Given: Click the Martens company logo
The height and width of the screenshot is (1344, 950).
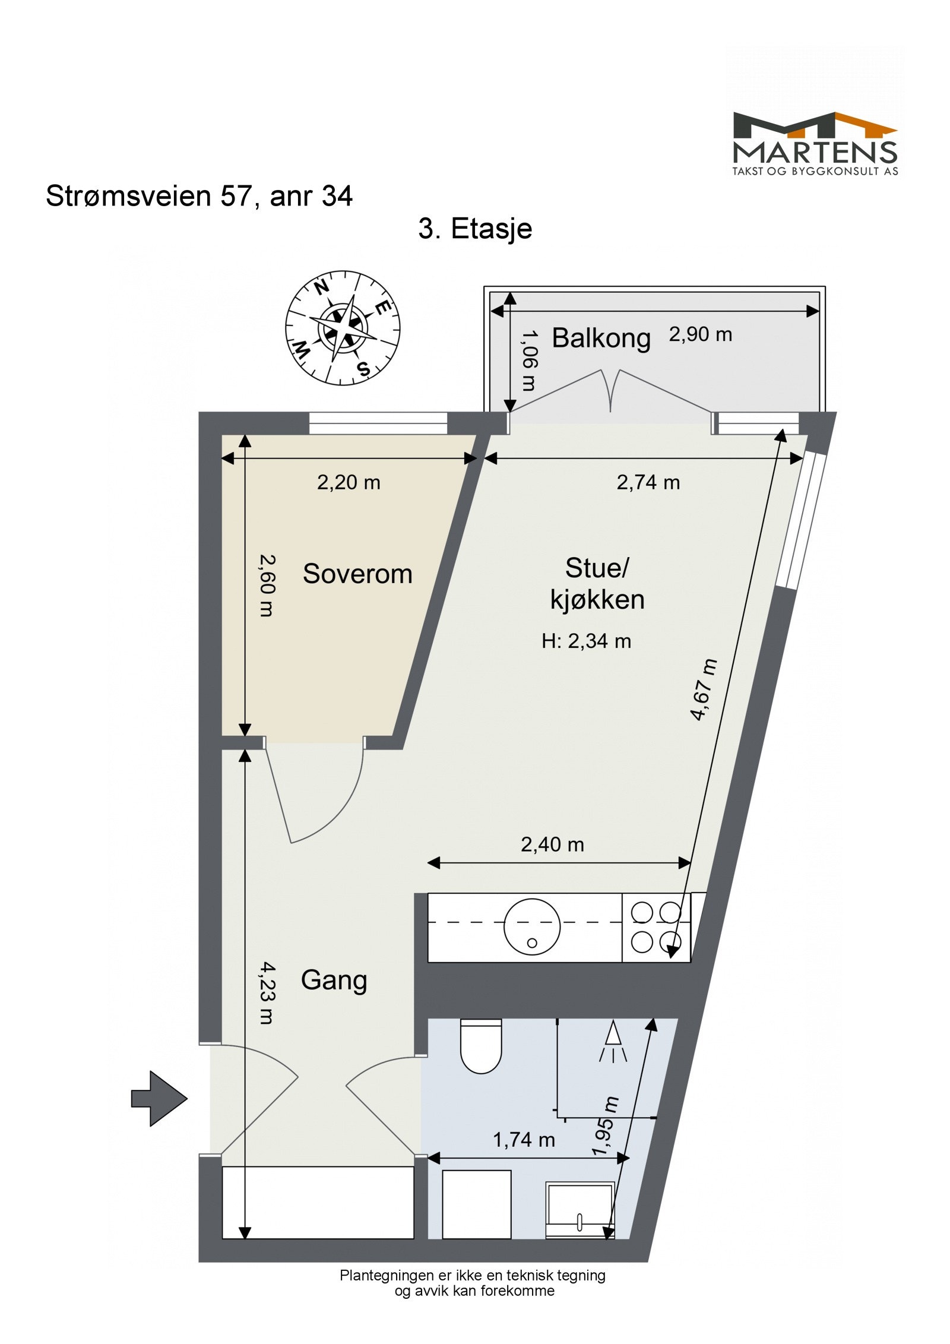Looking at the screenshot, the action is pyautogui.click(x=815, y=143).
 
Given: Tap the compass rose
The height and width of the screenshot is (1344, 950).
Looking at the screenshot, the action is pyautogui.click(x=343, y=328).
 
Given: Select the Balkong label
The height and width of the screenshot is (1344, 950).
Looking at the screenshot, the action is pyautogui.click(x=601, y=338).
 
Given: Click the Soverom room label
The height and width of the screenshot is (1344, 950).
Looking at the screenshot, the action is pyautogui.click(x=357, y=574).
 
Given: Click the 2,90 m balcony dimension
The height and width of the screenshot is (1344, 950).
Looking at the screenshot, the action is pyautogui.click(x=700, y=334).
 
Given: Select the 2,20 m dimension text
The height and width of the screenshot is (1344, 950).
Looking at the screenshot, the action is pyautogui.click(x=349, y=482).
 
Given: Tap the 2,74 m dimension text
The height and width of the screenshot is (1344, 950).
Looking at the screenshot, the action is pyautogui.click(x=648, y=482).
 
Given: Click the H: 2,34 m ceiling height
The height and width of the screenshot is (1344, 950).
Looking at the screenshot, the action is pyautogui.click(x=586, y=641).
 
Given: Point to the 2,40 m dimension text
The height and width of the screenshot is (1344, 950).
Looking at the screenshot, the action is pyautogui.click(x=552, y=844).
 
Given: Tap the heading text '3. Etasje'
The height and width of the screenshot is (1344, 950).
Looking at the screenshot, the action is pyautogui.click(x=475, y=229).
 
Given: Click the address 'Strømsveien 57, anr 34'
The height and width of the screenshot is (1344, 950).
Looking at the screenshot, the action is pyautogui.click(x=199, y=196).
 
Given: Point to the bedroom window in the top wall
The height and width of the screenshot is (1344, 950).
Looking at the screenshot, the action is pyautogui.click(x=378, y=423).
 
